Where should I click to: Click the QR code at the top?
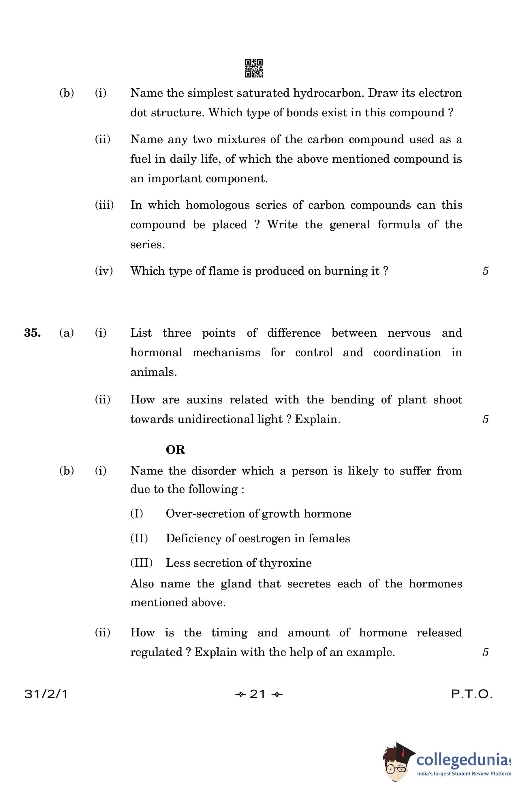click(254, 68)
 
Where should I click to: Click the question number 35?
click(32, 333)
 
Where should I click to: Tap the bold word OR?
click(175, 450)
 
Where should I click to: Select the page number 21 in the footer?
click(258, 694)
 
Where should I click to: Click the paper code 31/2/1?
click(46, 694)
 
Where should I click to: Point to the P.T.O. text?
click(472, 694)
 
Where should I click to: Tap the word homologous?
click(218, 205)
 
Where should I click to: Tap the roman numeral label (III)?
click(141, 562)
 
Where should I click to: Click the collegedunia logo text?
click(462, 760)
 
